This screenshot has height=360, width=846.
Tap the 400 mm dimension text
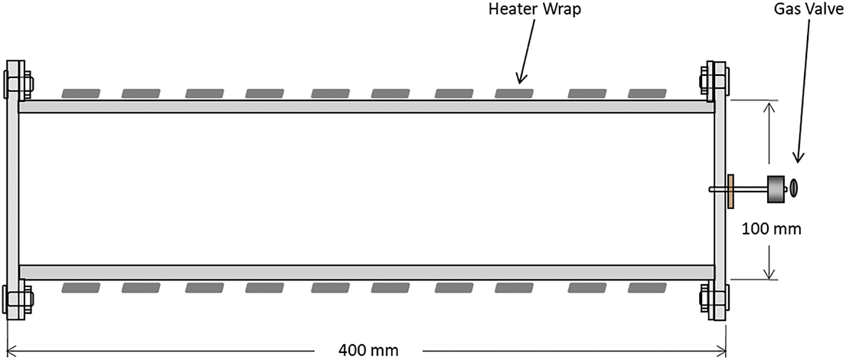(368, 350)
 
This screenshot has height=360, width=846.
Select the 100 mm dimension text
(773, 227)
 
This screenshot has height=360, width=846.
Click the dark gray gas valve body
(777, 189)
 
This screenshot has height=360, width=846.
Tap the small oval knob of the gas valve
(795, 186)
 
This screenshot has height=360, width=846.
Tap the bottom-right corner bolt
(714, 298)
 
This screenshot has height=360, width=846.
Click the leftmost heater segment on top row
(81, 93)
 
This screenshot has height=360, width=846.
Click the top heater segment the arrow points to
(514, 93)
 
